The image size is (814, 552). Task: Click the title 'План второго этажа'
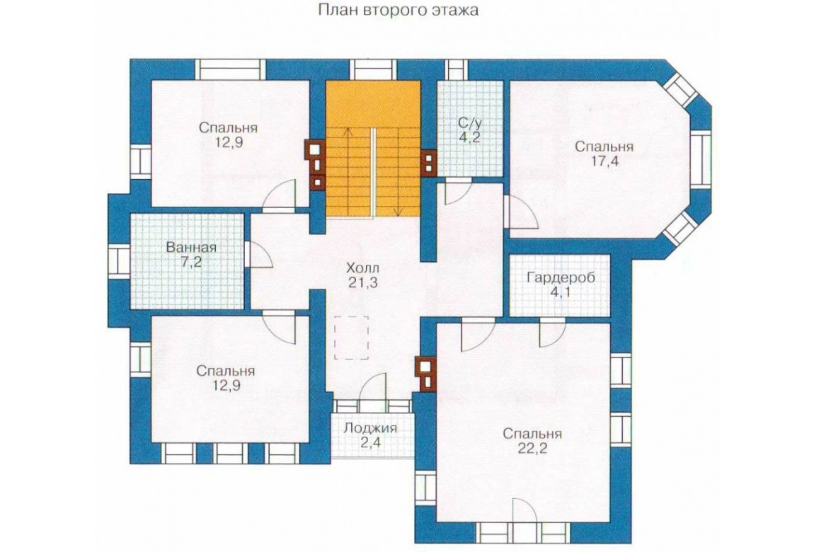(398, 11)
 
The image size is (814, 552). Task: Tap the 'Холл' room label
(362, 268)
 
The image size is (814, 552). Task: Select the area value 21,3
(362, 283)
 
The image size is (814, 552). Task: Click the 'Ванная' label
(191, 248)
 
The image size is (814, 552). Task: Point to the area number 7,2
(191, 261)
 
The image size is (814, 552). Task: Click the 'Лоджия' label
(370, 428)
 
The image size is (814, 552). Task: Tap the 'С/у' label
(470, 123)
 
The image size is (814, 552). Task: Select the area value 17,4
(604, 161)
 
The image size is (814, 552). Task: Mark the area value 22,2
(532, 448)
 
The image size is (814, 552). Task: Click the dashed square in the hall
(352, 338)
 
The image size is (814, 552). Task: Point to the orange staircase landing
(373, 103)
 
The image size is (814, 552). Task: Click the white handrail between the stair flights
(372, 172)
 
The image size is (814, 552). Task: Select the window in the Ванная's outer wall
(119, 261)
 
